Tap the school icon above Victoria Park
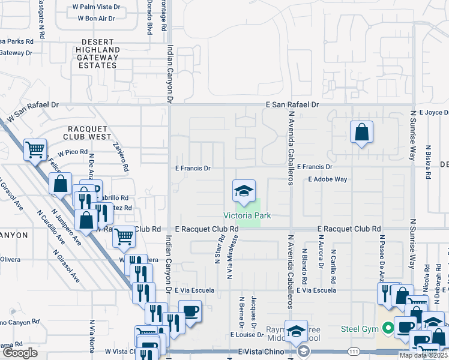coord(244,191)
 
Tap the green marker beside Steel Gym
coord(388,328)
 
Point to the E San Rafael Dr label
coord(292,104)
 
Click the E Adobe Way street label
coord(328,179)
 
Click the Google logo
coord(20,352)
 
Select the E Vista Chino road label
coord(261,352)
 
